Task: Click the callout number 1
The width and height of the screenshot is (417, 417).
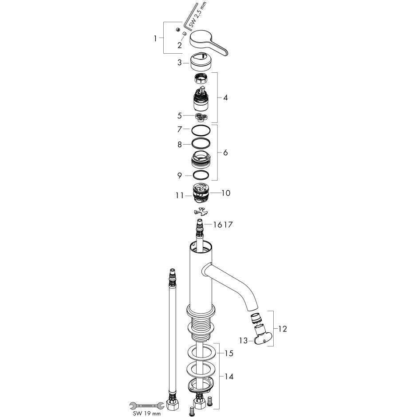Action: [x=155, y=39]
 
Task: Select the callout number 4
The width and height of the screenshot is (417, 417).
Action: [x=225, y=97]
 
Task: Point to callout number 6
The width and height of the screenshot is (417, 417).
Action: [x=225, y=152]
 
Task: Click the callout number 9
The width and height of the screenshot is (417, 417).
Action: [x=180, y=176]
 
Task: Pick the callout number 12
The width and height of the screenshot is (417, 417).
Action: [x=283, y=329]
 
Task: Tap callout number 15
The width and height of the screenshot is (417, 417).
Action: [x=229, y=354]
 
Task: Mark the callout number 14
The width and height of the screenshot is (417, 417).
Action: [x=229, y=377]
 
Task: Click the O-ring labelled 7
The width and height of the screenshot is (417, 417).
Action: [x=201, y=130]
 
